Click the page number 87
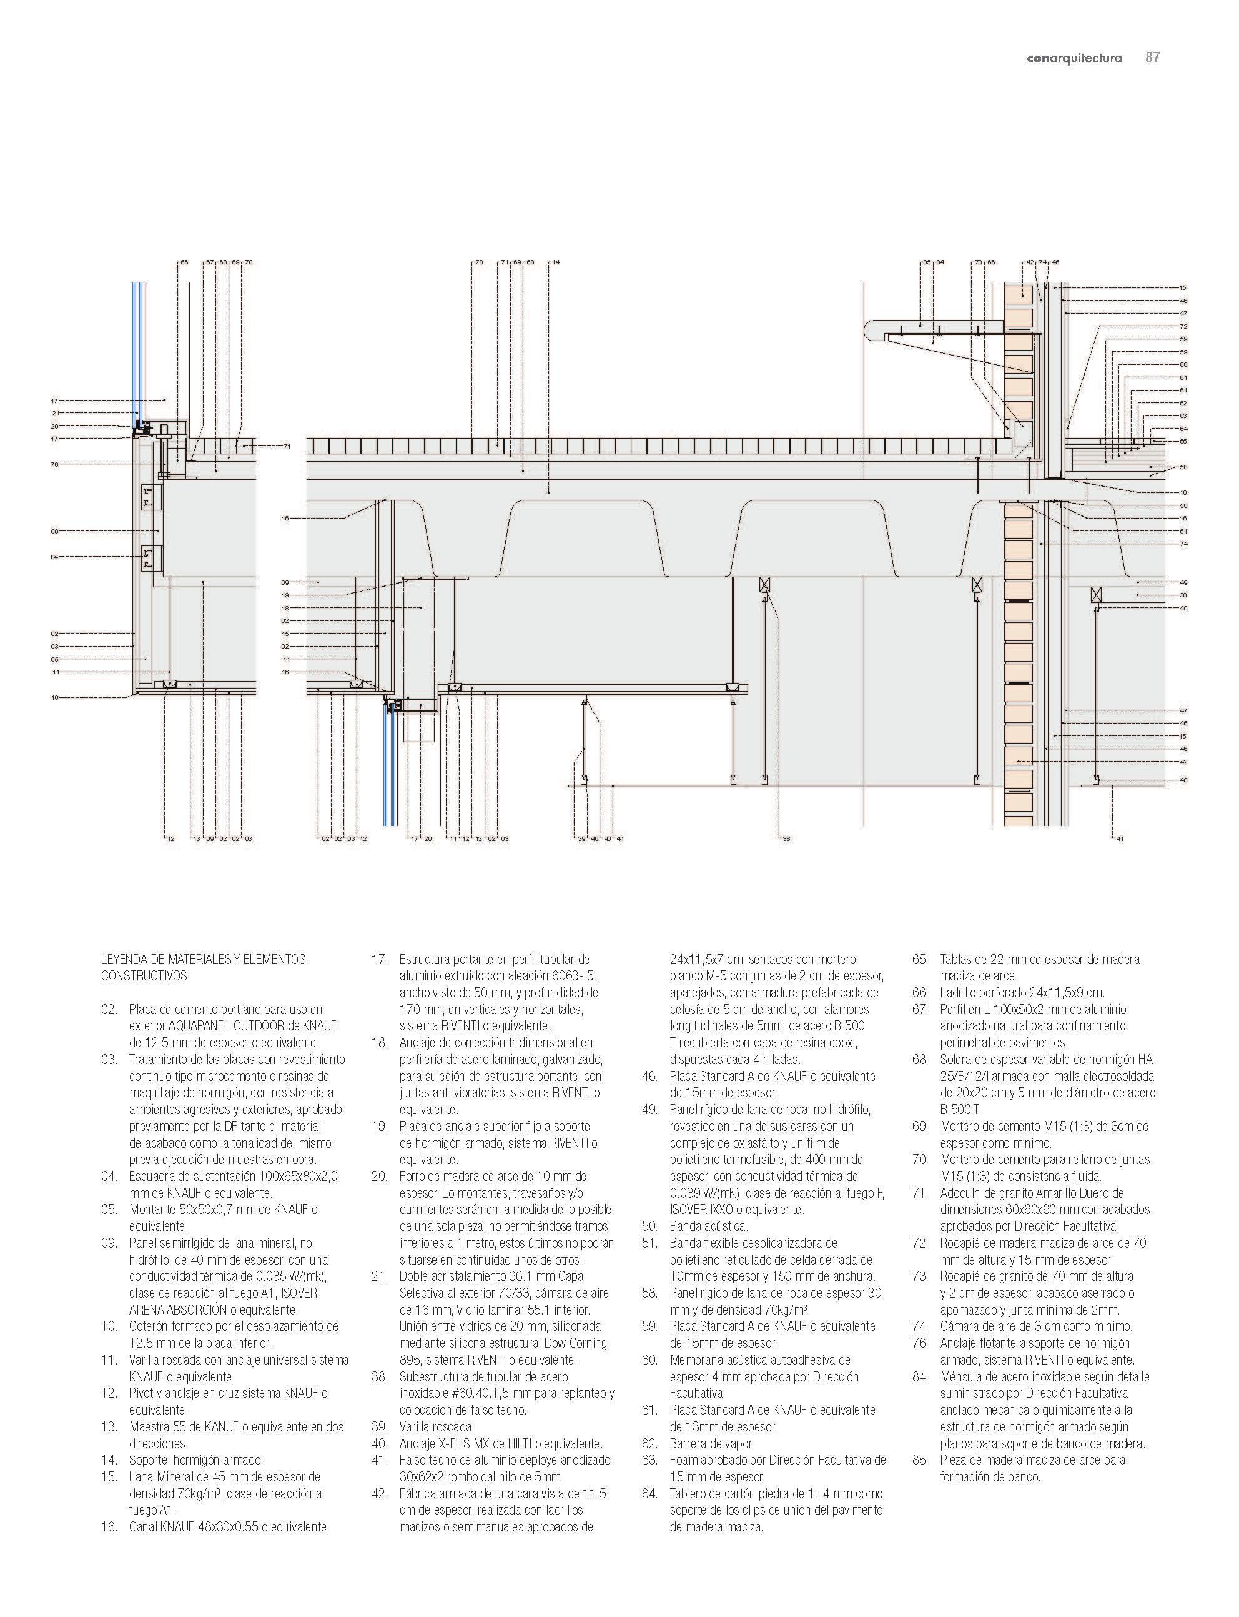[1152, 57]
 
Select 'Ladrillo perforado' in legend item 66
[987, 993]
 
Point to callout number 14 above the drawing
[555, 262]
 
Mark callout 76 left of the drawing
[54, 465]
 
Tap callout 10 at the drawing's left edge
[54, 697]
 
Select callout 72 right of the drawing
[1183, 326]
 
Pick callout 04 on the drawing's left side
[54, 557]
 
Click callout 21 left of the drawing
[54, 413]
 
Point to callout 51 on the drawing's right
[1183, 531]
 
